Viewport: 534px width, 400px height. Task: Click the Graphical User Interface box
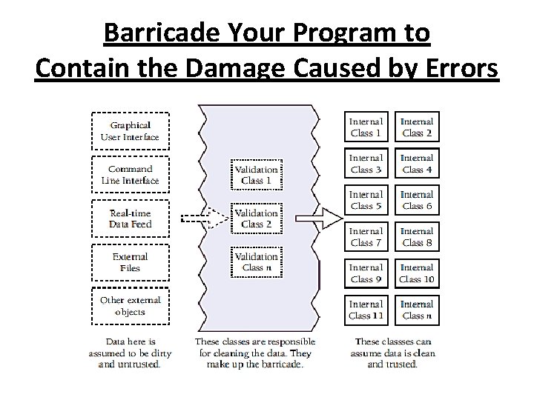point(130,131)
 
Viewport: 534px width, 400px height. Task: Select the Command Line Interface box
point(130,174)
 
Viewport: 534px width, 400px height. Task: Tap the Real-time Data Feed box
point(130,218)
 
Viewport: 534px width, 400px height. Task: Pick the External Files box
point(130,262)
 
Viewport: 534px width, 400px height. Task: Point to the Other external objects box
point(130,305)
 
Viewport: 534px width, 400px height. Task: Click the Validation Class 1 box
point(257,175)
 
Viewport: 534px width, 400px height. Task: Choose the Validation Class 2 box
point(257,219)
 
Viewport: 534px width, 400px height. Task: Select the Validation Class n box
point(257,261)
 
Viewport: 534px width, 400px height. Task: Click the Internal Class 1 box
point(366,127)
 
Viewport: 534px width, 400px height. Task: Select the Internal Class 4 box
point(416,164)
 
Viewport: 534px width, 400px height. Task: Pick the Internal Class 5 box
point(366,200)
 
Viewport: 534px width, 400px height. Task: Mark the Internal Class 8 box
point(416,237)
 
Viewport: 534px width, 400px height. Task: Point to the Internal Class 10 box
point(416,273)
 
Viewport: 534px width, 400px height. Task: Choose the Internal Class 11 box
point(366,310)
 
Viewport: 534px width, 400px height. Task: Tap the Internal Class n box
point(416,310)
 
